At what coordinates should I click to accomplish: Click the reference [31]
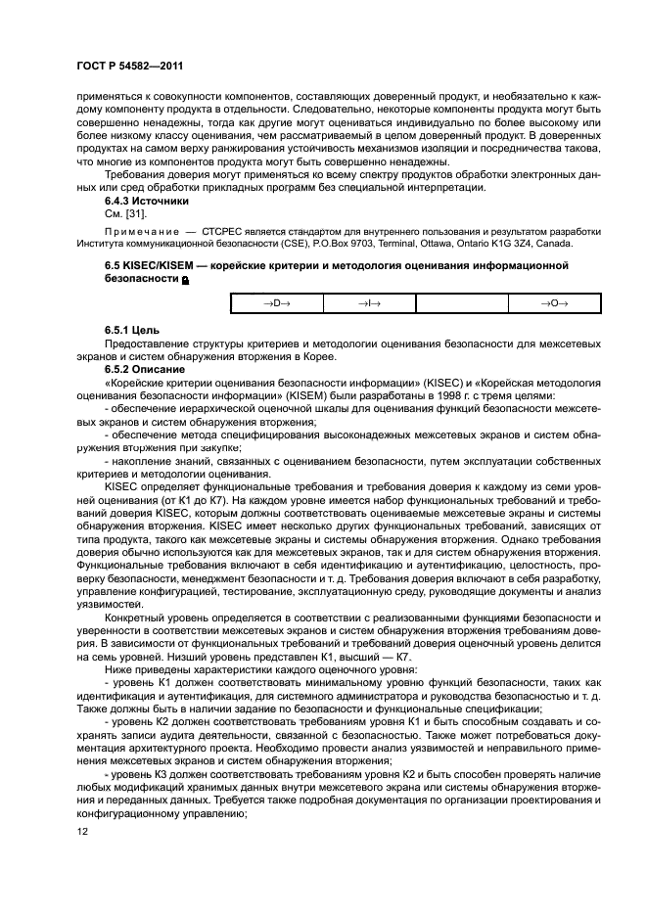tap(139, 212)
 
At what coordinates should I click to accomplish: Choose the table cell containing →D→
tap(276, 304)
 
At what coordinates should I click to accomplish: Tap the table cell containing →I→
tap(369, 304)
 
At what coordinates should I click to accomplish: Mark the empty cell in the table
tap(462, 304)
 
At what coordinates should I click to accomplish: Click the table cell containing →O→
tap(555, 304)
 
